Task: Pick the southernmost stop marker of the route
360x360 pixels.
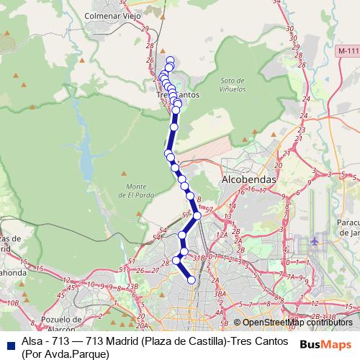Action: (x=192, y=280)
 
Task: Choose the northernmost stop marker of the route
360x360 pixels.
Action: (x=171, y=60)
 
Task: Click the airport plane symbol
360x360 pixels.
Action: (x=316, y=240)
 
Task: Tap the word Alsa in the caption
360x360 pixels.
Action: (x=32, y=340)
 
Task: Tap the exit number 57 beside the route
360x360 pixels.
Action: (x=186, y=215)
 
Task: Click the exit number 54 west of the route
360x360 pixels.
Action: (x=162, y=229)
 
